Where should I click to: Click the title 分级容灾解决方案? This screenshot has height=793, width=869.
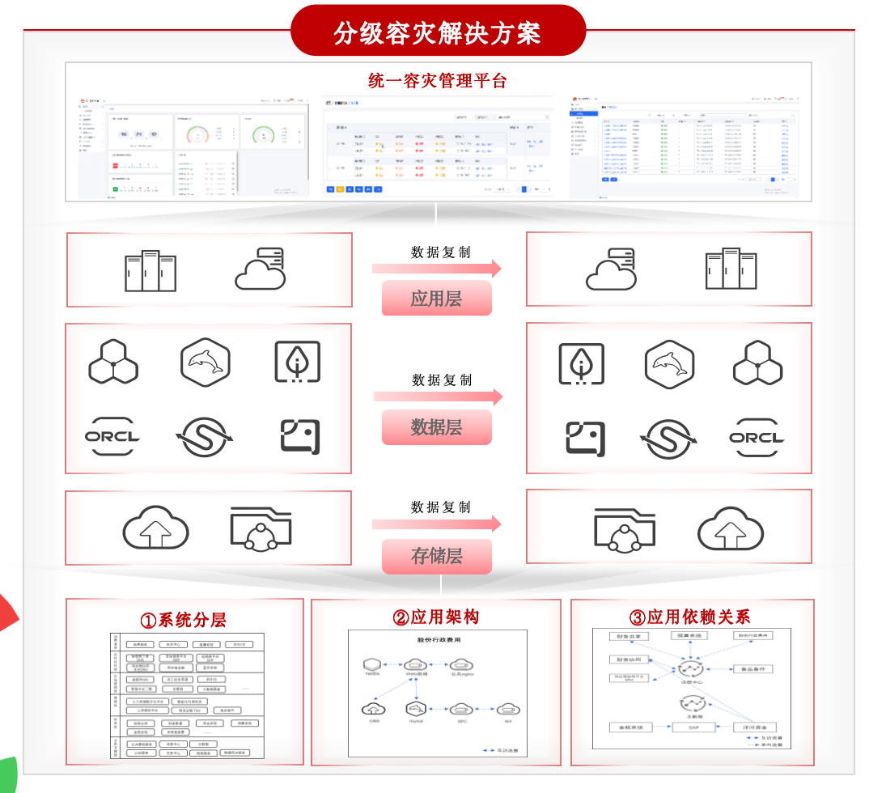tap(437, 32)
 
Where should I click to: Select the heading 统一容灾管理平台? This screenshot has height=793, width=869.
tap(437, 81)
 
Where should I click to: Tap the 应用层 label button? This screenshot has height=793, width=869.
tap(436, 299)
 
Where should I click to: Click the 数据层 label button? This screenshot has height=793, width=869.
tap(436, 427)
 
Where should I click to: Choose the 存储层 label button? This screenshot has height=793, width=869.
tap(436, 556)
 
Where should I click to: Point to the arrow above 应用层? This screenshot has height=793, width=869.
tap(437, 269)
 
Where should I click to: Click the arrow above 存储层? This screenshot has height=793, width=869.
tap(437, 524)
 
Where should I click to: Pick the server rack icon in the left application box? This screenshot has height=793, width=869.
tap(150, 270)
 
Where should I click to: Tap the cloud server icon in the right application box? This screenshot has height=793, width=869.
tap(611, 270)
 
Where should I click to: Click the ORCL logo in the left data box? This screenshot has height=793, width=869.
tap(112, 438)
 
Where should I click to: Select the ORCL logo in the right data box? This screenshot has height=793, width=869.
tap(757, 438)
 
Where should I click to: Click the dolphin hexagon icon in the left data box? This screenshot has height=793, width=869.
tap(206, 363)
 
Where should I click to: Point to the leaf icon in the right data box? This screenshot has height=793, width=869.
tap(581, 363)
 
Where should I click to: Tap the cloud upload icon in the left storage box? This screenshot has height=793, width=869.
tap(155, 528)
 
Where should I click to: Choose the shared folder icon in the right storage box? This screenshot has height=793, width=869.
tap(624, 528)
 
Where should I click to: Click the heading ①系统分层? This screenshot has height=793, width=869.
tap(184, 621)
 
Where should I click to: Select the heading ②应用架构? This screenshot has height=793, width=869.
tap(436, 617)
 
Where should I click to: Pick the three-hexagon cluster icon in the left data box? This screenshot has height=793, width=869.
tap(113, 362)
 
